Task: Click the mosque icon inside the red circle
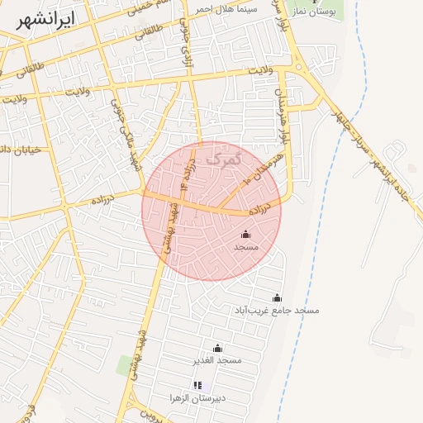245,235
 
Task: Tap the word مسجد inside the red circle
246,247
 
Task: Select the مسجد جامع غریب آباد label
278,310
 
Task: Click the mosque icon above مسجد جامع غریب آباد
277,297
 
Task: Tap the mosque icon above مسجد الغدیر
217,348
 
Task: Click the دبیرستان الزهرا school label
198,397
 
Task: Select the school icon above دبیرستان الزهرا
197,385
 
